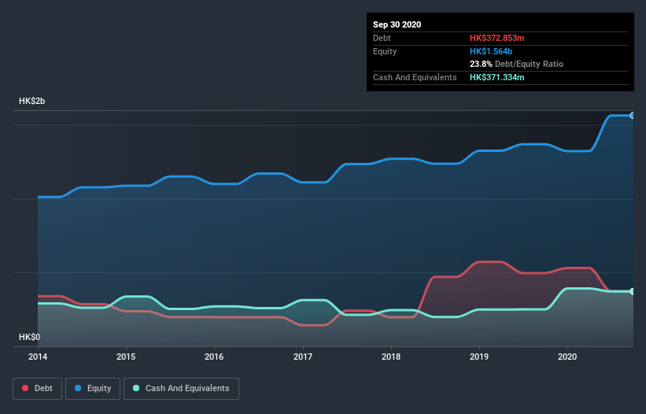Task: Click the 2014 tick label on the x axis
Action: click(x=38, y=357)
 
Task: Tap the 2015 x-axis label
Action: click(x=126, y=357)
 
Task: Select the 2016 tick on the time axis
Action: click(x=214, y=357)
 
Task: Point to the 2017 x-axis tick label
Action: click(x=303, y=357)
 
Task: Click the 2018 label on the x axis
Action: click(x=391, y=357)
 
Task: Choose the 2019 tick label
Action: click(x=479, y=357)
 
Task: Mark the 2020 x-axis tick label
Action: click(x=567, y=357)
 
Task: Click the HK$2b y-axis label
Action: click(x=32, y=102)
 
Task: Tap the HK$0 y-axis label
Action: click(x=29, y=337)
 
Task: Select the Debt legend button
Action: click(x=36, y=388)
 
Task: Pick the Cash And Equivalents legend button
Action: click(x=181, y=388)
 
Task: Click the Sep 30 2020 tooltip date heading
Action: click(x=397, y=24)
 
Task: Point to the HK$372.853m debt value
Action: click(x=502, y=38)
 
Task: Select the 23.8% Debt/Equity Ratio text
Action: click(x=516, y=64)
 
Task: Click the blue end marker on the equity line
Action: click(x=632, y=116)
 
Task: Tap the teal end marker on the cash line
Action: click(x=632, y=291)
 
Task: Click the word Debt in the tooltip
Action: click(x=382, y=38)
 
